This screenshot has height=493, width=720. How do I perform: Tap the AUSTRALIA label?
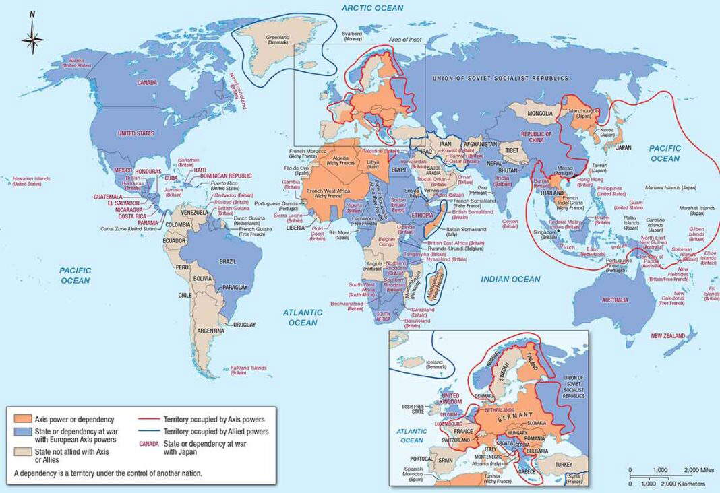[616, 300]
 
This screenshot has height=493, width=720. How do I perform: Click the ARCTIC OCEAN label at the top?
[372, 8]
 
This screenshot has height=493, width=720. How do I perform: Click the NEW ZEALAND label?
[668, 335]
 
